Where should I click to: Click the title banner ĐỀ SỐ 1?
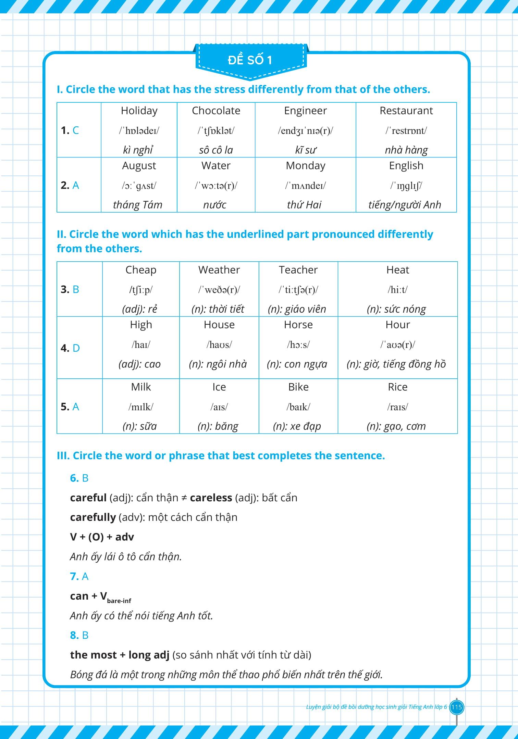250,60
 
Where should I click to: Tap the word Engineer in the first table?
305,111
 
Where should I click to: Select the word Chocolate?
216,111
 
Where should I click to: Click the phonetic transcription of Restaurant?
406,130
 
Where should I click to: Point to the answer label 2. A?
70,185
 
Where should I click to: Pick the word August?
139,166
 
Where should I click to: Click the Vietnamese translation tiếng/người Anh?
405,205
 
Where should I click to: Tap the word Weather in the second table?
219,270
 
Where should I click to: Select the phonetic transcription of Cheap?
140,290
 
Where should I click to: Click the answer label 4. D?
70,348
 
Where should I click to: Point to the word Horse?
298,325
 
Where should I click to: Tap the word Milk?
141,387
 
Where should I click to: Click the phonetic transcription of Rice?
397,407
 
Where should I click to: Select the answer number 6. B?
79,478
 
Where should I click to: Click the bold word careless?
211,498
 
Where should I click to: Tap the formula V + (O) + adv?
102,537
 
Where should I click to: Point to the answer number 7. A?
79,576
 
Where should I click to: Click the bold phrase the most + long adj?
120,655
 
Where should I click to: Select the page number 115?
457,707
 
